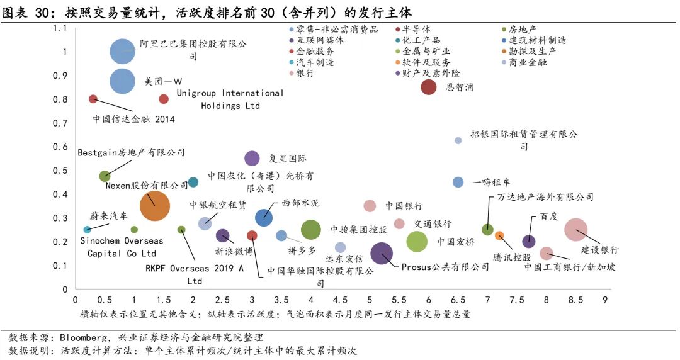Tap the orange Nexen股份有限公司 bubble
click(x=154, y=206)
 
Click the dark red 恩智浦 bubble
click(x=429, y=87)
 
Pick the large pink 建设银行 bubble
click(x=576, y=230)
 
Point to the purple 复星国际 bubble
click(x=252, y=159)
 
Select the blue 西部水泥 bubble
click(x=264, y=218)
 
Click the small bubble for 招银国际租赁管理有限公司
click(x=458, y=140)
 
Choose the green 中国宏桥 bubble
click(x=417, y=241)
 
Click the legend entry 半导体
click(x=416, y=29)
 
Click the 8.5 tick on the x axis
click(x=575, y=300)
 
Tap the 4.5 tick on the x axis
click(x=340, y=300)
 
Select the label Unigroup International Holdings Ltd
click(x=230, y=99)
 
